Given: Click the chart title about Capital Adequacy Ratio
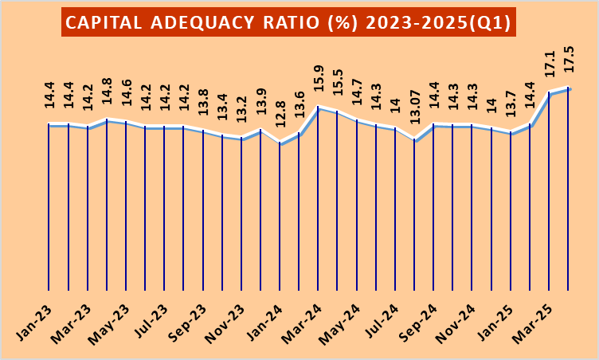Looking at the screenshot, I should point(288,22).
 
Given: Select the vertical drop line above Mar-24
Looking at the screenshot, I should point(319,199).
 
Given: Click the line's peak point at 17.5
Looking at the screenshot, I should point(569,88).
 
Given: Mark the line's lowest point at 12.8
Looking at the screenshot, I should point(280,144).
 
